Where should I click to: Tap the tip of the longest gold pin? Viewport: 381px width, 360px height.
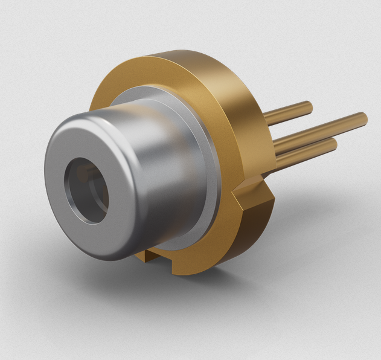[x=363, y=116]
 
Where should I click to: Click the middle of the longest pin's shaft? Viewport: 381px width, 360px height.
[x=320, y=129]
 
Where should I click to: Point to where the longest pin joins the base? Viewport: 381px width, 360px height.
[x=275, y=145]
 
